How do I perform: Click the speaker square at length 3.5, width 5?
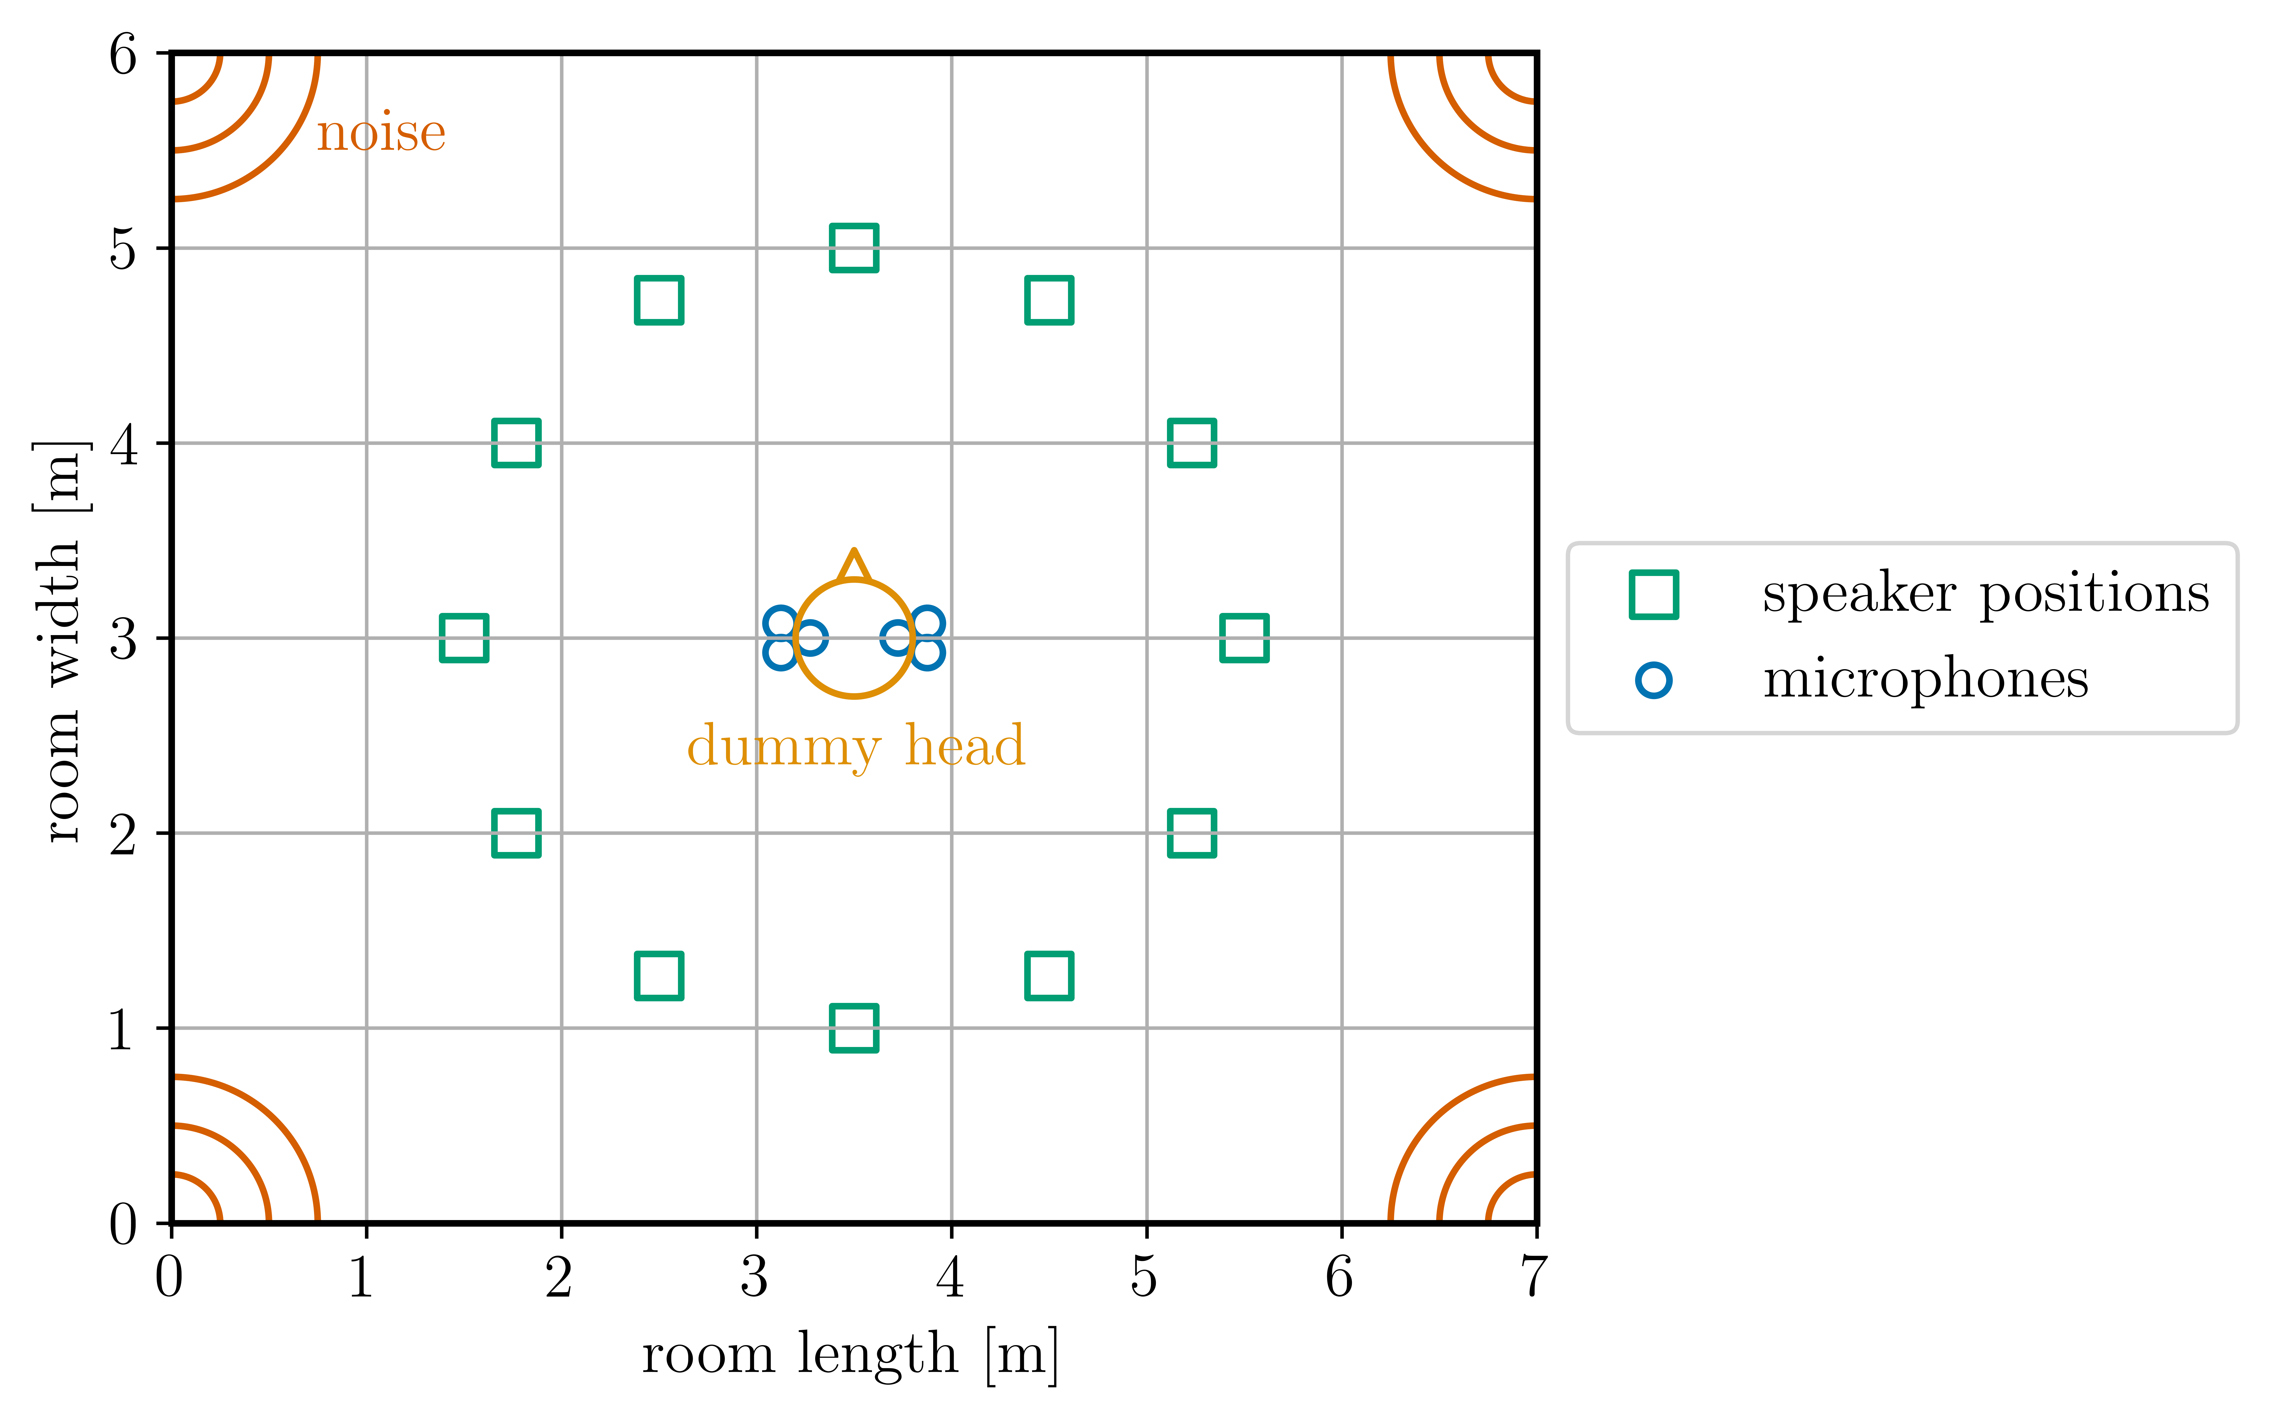pos(854,248)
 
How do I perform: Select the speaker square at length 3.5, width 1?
pos(854,1028)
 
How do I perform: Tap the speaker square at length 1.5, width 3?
pos(464,638)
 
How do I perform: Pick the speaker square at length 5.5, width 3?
pos(1244,638)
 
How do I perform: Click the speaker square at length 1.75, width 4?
pos(516,443)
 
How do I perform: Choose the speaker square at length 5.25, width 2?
pos(1192,832)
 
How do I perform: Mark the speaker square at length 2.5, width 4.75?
pos(659,300)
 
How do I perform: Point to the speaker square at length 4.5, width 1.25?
pos(1049,975)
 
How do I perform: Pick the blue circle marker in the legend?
pos(1653,680)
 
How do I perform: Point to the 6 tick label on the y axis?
pos(123,54)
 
